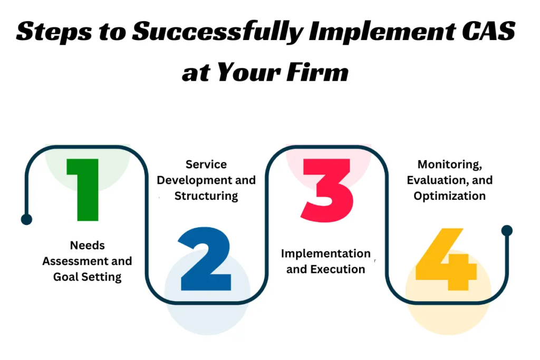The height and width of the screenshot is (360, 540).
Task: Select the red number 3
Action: [326, 190]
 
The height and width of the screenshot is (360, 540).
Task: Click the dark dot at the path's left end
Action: [26, 219]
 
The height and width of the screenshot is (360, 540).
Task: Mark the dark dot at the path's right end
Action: [507, 230]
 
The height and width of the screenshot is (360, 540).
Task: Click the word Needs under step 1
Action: [87, 245]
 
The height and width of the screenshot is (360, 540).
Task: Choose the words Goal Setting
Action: [88, 277]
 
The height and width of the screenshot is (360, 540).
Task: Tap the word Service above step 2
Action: [206, 164]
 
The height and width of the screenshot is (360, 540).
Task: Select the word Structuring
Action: [206, 196]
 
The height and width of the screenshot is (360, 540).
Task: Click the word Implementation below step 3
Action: [325, 254]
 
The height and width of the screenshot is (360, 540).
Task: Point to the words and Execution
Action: [325, 269]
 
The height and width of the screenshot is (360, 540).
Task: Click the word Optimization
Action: [449, 196]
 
